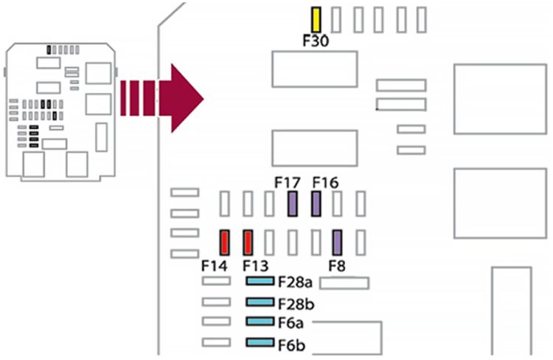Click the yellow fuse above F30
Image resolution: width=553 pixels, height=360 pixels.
316,20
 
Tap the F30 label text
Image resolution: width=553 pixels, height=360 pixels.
316,41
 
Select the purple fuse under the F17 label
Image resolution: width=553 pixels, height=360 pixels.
293,204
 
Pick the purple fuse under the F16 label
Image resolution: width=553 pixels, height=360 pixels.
316,204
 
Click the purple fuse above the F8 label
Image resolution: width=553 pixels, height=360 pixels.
338,242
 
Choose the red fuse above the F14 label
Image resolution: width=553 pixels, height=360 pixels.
225,242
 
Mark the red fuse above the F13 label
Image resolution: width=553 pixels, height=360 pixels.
248,242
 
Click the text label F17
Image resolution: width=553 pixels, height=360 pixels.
287,181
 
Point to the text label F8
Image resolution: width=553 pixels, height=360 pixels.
338,265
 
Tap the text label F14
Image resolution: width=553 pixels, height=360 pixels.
215,265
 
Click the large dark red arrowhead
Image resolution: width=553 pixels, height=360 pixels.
184,97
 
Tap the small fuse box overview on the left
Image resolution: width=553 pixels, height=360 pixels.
60,111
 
